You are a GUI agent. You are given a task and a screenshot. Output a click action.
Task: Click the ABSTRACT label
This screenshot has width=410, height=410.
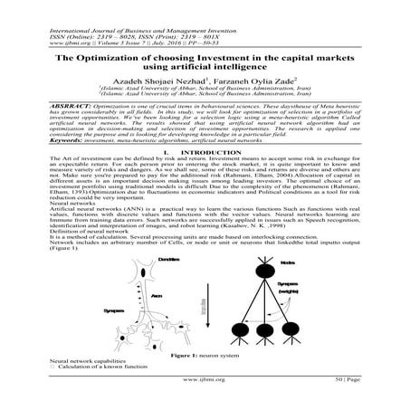click(52, 106)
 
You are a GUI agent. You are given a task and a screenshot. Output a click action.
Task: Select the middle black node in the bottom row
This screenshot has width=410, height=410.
click(264, 341)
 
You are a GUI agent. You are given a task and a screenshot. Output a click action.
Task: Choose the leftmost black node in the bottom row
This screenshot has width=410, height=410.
click(233, 341)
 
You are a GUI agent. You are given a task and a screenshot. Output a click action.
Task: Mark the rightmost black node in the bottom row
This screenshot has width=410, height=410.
click(293, 341)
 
